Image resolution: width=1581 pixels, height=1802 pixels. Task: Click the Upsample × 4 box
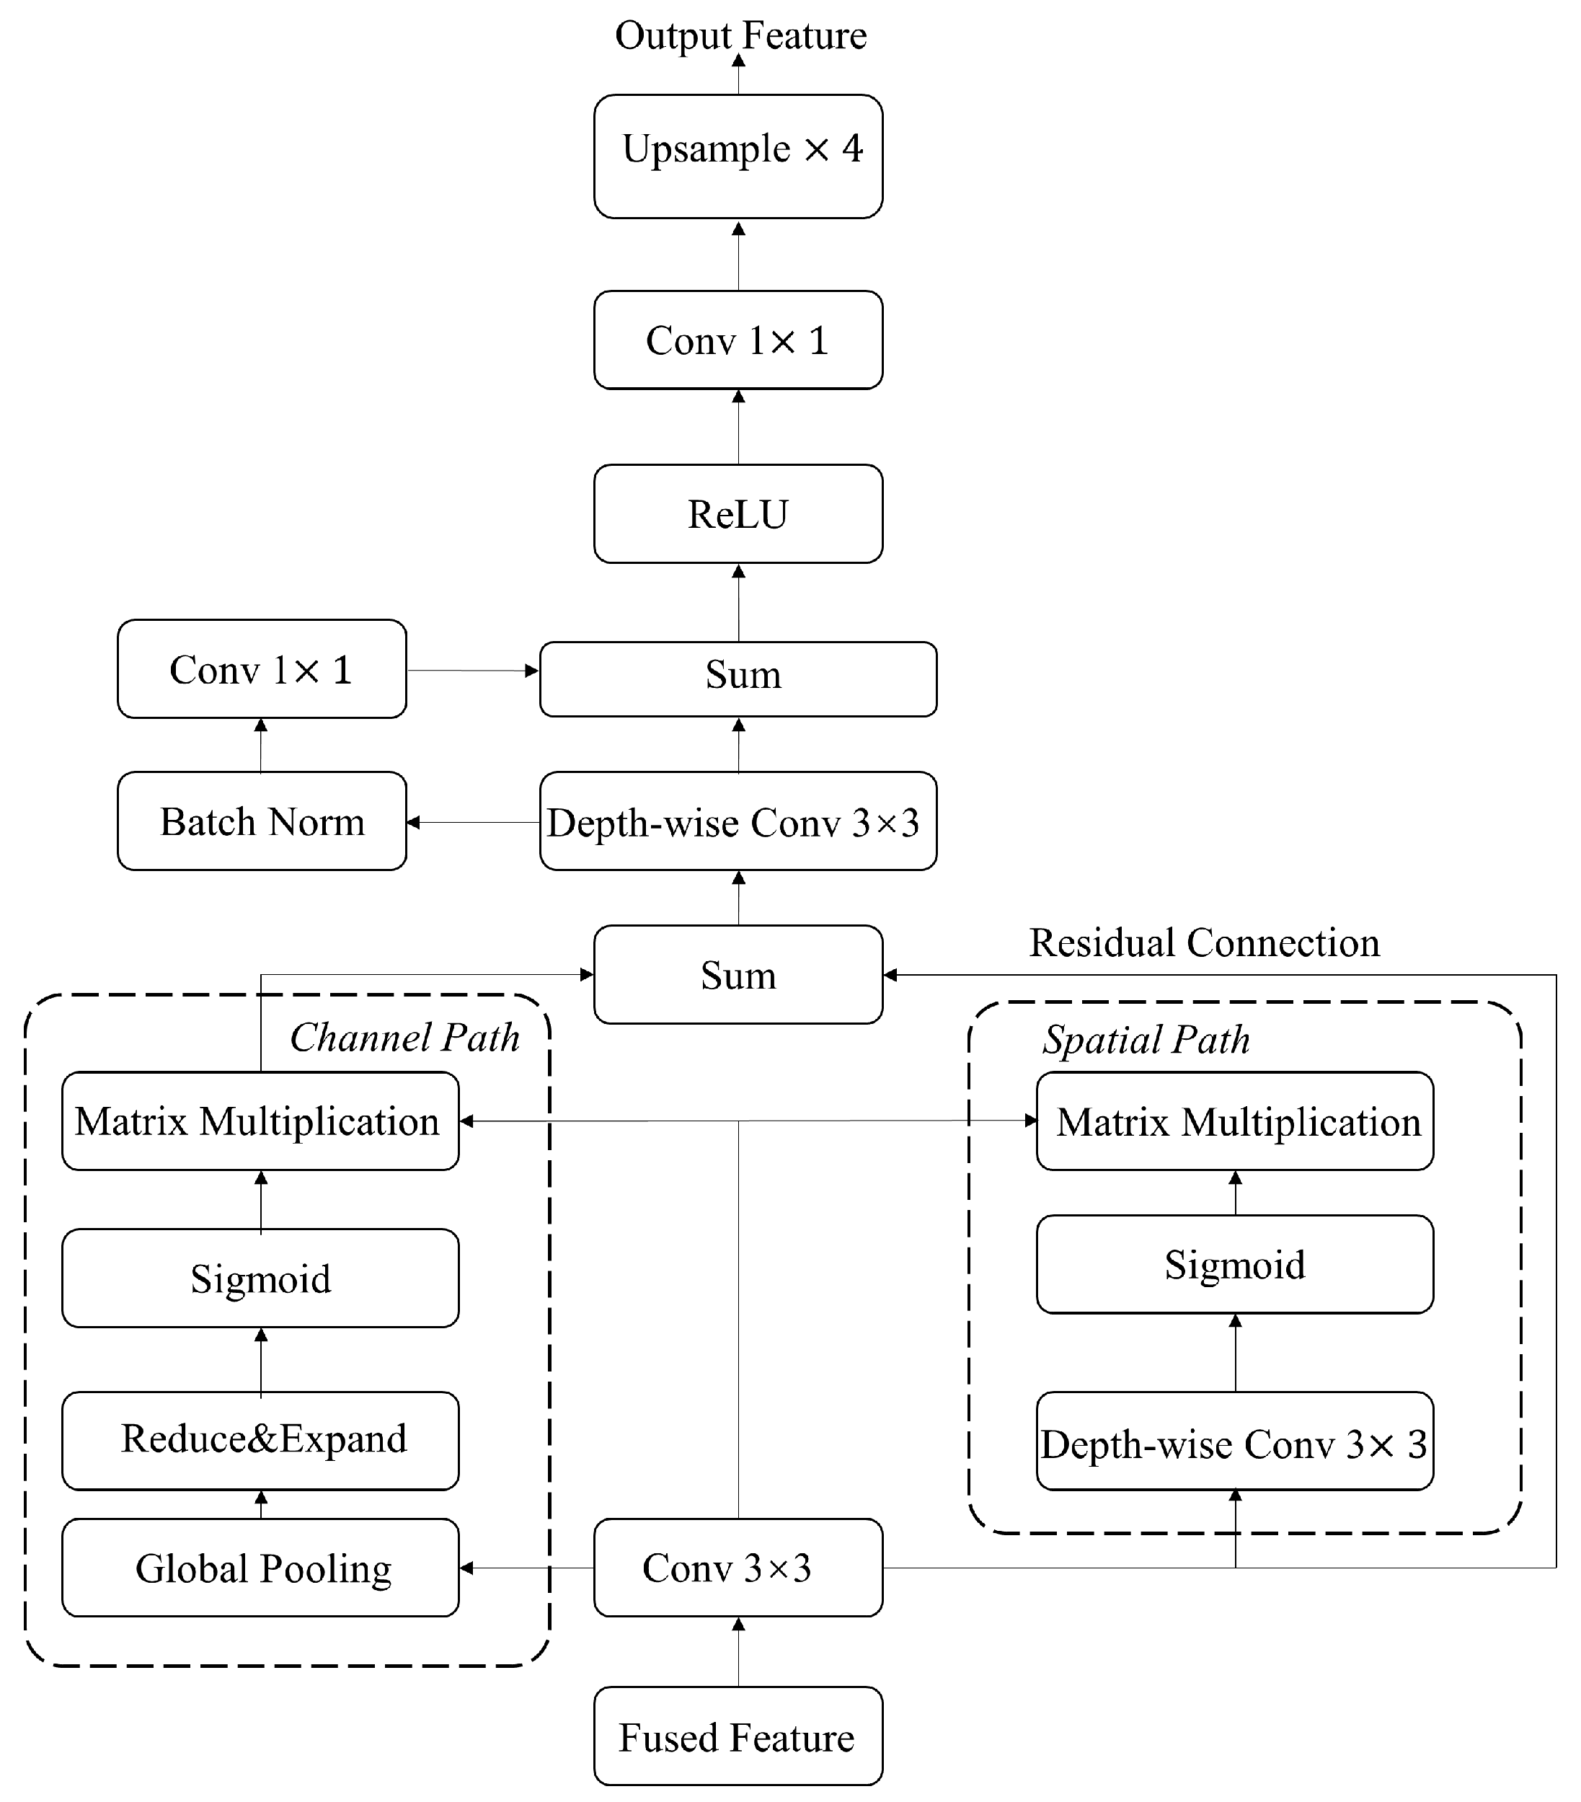pyautogui.click(x=738, y=156)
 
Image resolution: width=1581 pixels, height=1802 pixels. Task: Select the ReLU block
pyautogui.click(x=738, y=514)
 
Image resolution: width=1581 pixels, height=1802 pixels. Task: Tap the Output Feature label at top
pyautogui.click(x=740, y=35)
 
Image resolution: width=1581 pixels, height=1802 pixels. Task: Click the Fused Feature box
pyautogui.click(x=738, y=1738)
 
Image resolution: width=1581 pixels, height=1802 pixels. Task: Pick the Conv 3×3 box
pyautogui.click(x=738, y=1568)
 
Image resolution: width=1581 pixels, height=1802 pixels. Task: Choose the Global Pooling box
pyautogui.click(x=260, y=1568)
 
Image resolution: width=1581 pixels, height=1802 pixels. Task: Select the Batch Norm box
pyautogui.click(x=261, y=821)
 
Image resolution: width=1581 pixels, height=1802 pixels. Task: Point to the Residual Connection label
pyautogui.click(x=1204, y=943)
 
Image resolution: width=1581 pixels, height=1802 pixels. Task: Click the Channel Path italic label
pyautogui.click(x=404, y=1038)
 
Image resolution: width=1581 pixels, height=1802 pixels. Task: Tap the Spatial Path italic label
pyautogui.click(x=1146, y=1041)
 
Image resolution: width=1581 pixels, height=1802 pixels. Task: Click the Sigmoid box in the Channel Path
pyautogui.click(x=260, y=1278)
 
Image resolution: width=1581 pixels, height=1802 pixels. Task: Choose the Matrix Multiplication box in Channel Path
pyautogui.click(x=260, y=1121)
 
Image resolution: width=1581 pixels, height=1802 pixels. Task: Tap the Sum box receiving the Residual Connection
pyautogui.click(x=738, y=975)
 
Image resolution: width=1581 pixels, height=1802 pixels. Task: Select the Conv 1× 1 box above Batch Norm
pyautogui.click(x=261, y=669)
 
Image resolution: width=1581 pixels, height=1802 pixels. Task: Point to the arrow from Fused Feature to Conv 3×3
pyautogui.click(x=738, y=1651)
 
